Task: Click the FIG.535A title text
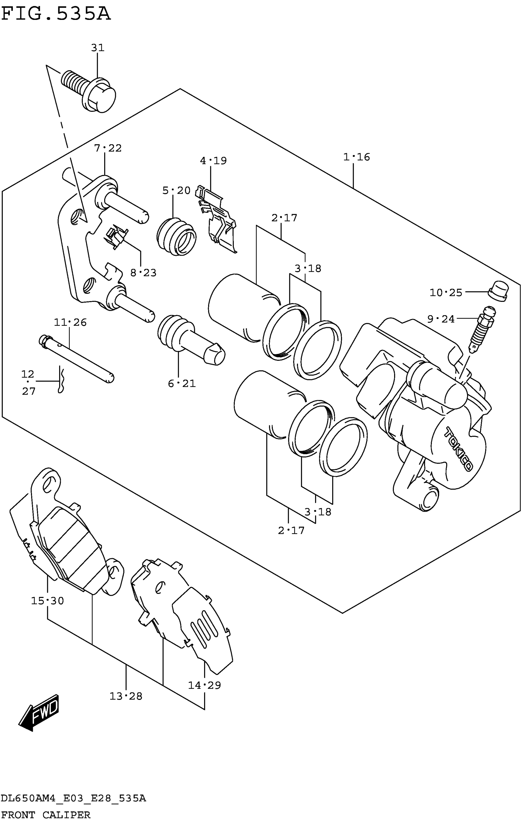click(x=56, y=14)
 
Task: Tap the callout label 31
click(x=97, y=48)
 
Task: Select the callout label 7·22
click(x=108, y=148)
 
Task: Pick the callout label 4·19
click(x=213, y=161)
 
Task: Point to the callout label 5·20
click(x=176, y=191)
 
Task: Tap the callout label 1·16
click(x=356, y=157)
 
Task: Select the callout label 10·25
click(x=446, y=293)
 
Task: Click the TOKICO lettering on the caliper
click(x=459, y=449)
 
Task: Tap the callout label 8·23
click(x=143, y=273)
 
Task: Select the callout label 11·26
click(x=70, y=322)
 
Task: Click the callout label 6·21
click(x=182, y=384)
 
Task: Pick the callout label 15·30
click(x=47, y=601)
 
